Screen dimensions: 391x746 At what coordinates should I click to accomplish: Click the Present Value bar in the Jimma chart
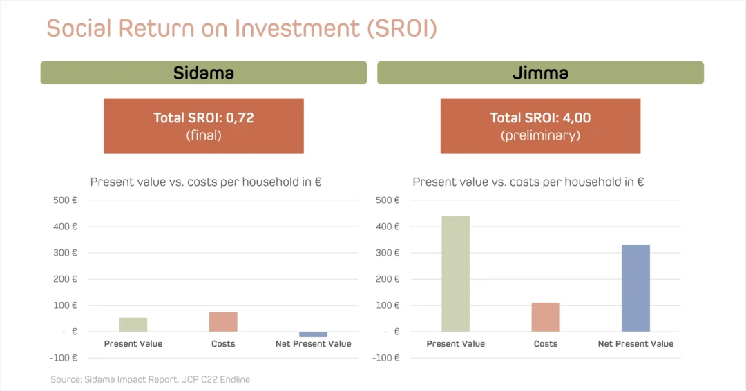tap(455, 274)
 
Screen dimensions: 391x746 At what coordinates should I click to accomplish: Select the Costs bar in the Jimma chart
tap(546, 317)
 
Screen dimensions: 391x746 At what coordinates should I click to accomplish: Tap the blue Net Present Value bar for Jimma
tap(635, 288)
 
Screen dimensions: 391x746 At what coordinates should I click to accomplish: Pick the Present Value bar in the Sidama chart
tap(133, 325)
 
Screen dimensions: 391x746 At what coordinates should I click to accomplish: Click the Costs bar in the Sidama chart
tap(223, 322)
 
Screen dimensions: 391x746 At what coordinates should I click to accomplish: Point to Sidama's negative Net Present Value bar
tap(313, 334)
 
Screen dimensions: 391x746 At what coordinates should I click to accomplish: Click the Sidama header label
tap(203, 73)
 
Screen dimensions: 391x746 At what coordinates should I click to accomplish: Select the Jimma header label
tap(540, 73)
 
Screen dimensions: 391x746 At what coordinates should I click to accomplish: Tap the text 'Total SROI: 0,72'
tap(203, 117)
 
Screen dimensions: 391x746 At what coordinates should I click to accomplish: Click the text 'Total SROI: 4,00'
tap(540, 117)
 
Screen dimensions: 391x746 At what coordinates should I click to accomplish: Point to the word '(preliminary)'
tap(540, 135)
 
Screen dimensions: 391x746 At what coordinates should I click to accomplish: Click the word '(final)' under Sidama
tap(203, 135)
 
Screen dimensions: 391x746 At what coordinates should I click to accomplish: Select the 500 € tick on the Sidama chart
tap(65, 200)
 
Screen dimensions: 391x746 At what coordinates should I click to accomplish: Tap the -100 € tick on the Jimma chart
tap(387, 358)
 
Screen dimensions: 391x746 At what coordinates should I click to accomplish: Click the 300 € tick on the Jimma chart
tap(388, 253)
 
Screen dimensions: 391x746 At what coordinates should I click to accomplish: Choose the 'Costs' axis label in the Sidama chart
tap(223, 344)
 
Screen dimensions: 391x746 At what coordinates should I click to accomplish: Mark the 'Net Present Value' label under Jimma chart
tap(635, 344)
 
